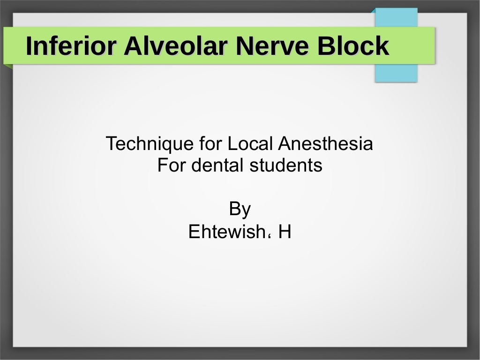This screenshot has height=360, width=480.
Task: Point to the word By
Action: pos(240,209)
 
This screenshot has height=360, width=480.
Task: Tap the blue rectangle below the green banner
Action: pos(396,73)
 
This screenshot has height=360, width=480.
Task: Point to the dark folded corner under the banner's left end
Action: pos(8,66)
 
